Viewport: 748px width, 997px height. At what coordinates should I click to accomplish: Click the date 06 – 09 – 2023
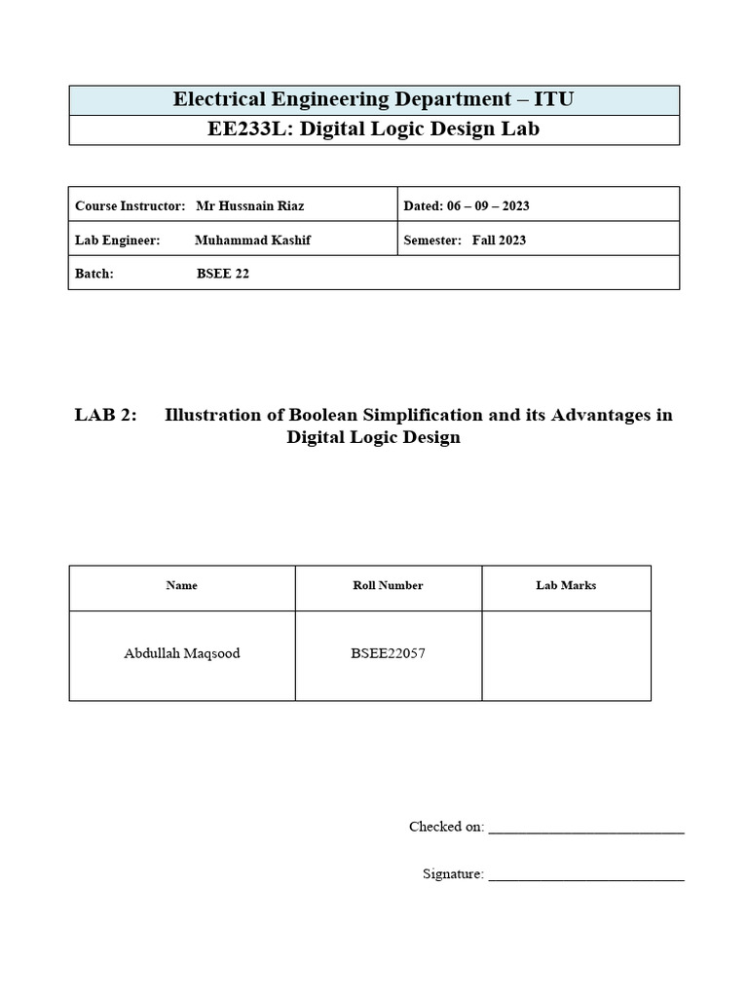tap(487, 206)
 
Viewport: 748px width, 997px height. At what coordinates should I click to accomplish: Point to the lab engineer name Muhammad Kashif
tap(252, 240)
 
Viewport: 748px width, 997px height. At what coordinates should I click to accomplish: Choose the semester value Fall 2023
tap(499, 240)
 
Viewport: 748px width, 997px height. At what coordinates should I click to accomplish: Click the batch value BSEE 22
tap(222, 274)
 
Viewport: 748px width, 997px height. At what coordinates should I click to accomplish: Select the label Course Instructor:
tap(130, 206)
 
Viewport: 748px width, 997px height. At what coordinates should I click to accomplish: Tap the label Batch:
tap(94, 274)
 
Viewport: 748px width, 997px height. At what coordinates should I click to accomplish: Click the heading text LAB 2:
tap(105, 415)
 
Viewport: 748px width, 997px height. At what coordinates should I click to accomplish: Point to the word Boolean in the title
tap(325, 415)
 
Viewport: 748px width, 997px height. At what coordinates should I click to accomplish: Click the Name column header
tap(182, 585)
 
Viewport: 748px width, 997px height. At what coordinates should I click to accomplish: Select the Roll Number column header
tap(388, 585)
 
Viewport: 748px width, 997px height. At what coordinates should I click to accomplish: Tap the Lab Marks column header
tap(566, 585)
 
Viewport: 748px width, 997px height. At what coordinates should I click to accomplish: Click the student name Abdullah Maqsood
tap(182, 653)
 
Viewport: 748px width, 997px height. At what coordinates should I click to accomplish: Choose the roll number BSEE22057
tap(388, 653)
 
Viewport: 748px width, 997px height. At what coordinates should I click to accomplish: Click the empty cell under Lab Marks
tap(566, 655)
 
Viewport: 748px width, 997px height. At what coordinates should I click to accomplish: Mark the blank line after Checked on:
tap(585, 831)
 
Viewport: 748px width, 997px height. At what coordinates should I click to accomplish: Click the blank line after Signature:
tap(585, 877)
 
